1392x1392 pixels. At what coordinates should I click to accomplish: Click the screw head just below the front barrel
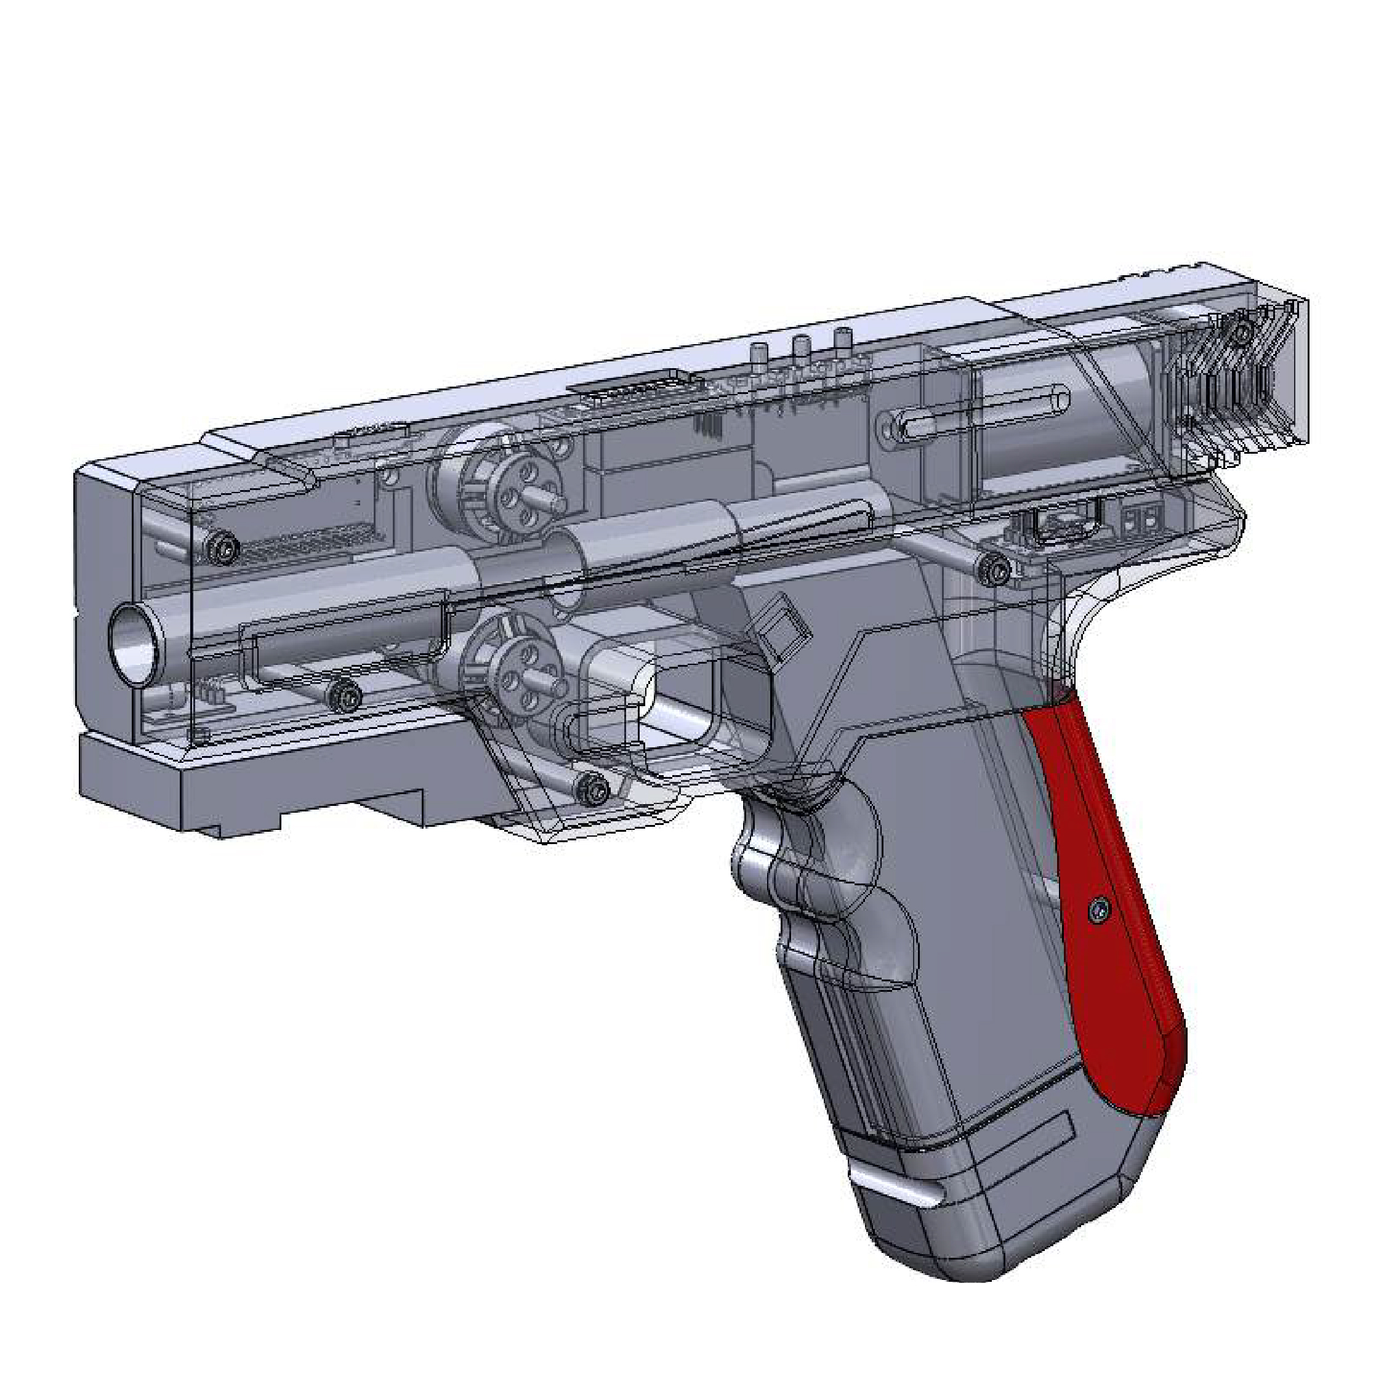pyautogui.click(x=350, y=695)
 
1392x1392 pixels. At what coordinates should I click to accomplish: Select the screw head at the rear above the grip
pyautogui.click(x=997, y=569)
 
